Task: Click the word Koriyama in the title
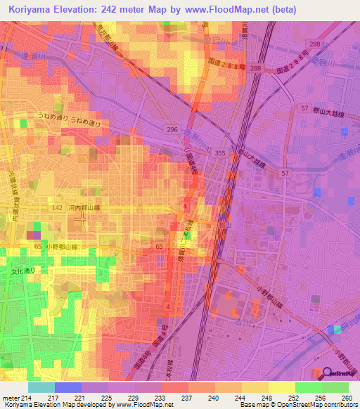tap(33, 10)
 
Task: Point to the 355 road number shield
tap(219, 153)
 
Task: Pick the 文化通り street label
tap(21, 270)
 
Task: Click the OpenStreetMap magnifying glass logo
tap(328, 373)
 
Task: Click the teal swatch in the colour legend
tap(41, 387)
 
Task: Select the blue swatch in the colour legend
tap(68, 387)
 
